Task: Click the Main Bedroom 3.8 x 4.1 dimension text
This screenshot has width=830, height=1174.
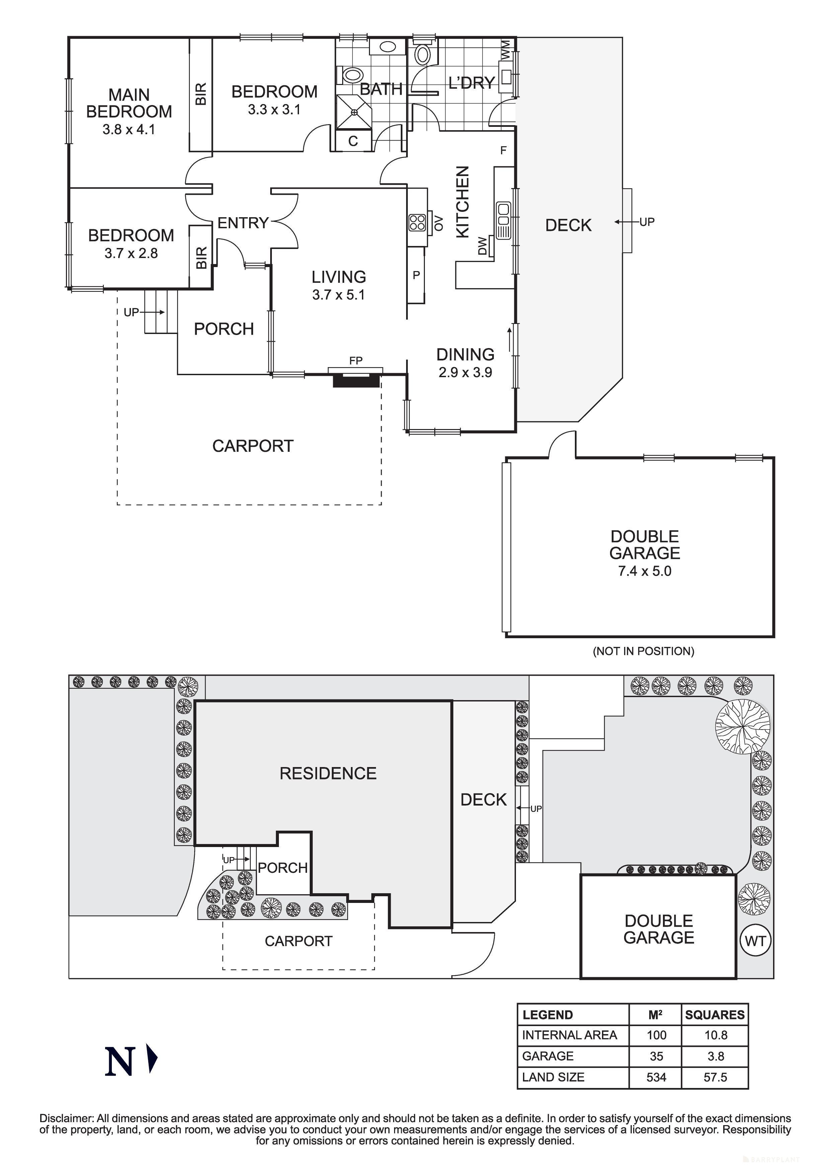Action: [128, 130]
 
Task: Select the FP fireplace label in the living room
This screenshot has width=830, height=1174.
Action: [356, 360]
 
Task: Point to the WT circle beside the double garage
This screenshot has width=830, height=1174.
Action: [755, 941]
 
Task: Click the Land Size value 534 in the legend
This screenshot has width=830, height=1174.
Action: [656, 1077]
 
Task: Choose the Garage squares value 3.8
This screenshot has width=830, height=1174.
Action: [715, 1056]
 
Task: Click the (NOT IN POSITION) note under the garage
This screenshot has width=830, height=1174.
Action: [643, 651]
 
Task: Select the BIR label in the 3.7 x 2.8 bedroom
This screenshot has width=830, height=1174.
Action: [202, 257]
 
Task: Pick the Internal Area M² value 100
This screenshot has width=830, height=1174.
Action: [656, 1035]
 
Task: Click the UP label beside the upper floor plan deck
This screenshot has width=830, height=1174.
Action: [647, 222]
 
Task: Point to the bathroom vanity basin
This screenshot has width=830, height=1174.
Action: [388, 47]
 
